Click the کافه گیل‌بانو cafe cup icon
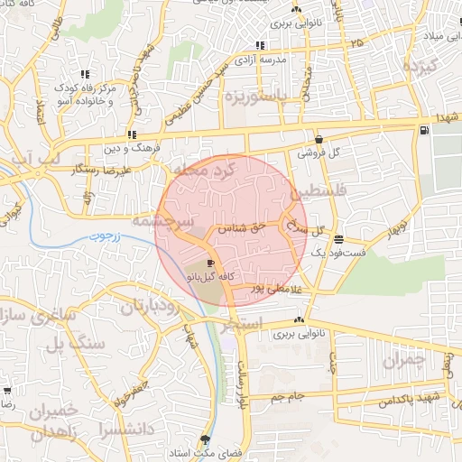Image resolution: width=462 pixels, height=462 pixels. click(x=211, y=262)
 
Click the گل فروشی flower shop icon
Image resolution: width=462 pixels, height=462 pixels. click(x=319, y=139)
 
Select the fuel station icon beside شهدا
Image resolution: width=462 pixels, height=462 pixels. click(x=423, y=131)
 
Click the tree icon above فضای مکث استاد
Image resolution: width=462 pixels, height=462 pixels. click(x=206, y=439)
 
